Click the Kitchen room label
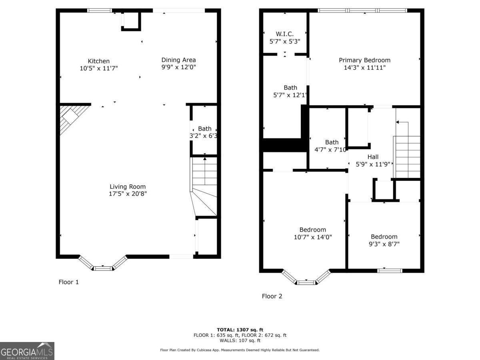point(98,61)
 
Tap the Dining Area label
point(178,60)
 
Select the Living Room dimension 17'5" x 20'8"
point(128,194)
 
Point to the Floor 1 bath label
point(204,129)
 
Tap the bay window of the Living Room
point(103,264)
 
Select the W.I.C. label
point(284,34)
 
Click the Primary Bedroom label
point(364,60)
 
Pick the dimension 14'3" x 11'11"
point(364,67)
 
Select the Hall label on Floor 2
point(373,157)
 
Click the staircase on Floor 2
point(407,156)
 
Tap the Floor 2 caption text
point(272,296)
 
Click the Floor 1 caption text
point(69,282)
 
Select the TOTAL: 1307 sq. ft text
point(240,330)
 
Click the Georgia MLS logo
point(27,351)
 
